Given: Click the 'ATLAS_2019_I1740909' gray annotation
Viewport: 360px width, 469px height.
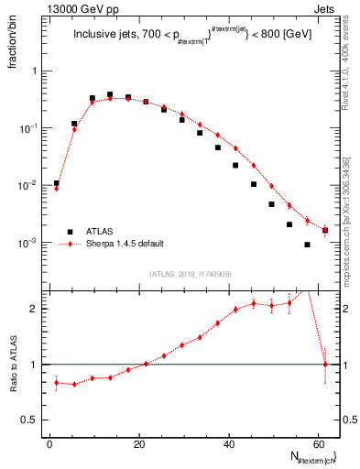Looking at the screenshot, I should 191,274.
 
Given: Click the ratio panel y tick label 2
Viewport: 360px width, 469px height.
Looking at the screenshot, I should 37,309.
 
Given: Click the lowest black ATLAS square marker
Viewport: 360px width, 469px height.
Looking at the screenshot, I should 307,245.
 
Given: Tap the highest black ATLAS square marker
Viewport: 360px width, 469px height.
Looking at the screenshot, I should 110,94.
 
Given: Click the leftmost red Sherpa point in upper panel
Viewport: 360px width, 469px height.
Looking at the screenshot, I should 57,189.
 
